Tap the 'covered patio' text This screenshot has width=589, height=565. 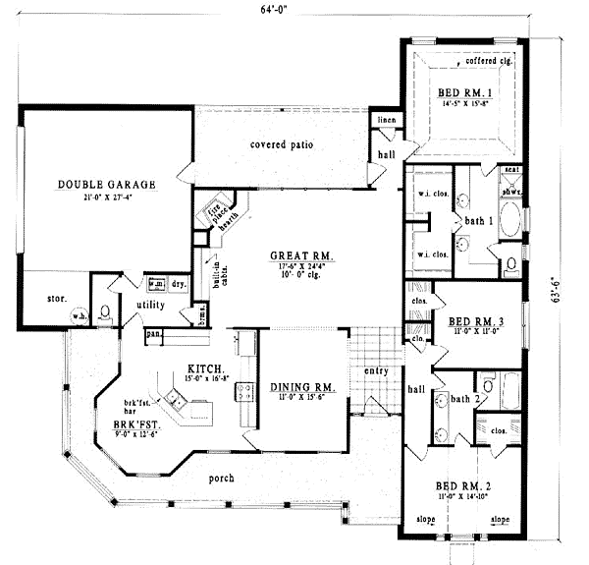pyautogui.click(x=281, y=144)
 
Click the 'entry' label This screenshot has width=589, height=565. pyautogui.click(x=375, y=370)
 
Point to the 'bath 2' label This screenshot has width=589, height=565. pyautogui.click(x=463, y=398)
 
